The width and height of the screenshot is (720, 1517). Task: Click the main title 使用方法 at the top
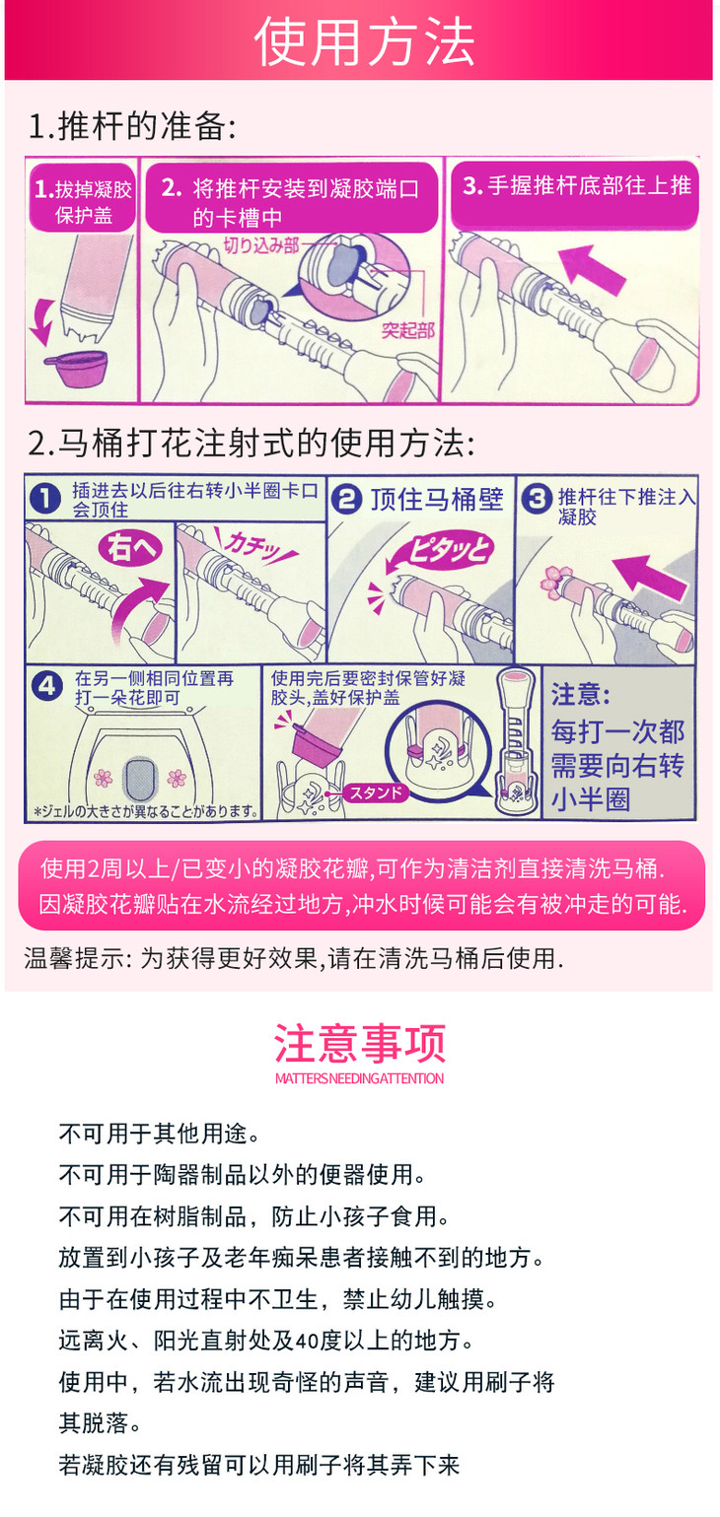coord(364,42)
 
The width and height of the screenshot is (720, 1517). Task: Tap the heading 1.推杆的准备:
coord(132,126)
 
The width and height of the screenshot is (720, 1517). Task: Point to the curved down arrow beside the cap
coord(42,321)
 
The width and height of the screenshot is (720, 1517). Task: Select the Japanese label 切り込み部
coord(261,245)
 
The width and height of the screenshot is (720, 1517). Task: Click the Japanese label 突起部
coord(407,330)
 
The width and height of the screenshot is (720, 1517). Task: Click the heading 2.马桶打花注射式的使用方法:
coord(252,444)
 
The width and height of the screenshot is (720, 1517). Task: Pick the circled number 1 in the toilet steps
coord(45,499)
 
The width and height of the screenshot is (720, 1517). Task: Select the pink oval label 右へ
coord(131,546)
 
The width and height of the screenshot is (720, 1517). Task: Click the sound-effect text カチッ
coord(254,543)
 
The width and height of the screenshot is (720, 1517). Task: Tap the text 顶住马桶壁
coord(436,500)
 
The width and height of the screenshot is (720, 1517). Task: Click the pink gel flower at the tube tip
coord(556,581)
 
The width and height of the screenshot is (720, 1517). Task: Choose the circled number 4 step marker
coord(46,686)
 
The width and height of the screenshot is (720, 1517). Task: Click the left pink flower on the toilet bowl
coord(104,778)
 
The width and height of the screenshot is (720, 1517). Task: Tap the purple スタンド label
coord(375,793)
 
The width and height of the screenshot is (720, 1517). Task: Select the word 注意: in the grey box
coord(581,695)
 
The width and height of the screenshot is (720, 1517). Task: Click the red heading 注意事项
coord(360,1043)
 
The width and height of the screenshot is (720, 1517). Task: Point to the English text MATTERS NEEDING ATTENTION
coord(360,1078)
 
